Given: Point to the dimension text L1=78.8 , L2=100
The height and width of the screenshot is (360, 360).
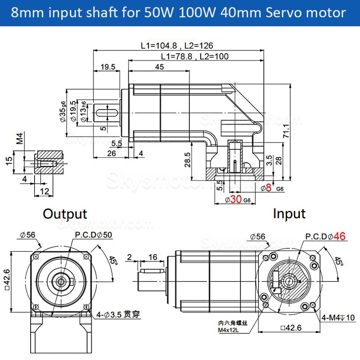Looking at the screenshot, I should pos(195,56).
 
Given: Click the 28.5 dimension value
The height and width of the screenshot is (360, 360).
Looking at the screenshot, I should pos(187,159).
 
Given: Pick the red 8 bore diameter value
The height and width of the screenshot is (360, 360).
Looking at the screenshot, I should pos(269,188).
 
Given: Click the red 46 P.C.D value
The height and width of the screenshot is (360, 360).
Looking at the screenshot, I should pos(339,236).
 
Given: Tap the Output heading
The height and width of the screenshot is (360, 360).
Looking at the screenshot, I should pos(65,213).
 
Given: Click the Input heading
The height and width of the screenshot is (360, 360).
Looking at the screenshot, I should pos(289,213).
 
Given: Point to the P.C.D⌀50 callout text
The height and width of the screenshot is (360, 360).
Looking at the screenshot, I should pos(93,235).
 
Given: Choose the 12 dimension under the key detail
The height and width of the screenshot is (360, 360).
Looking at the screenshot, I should pos(44,191).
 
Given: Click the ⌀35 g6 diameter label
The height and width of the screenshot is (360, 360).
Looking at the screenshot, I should pos(63,112).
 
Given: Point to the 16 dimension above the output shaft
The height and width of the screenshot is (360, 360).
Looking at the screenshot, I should pos(153,257).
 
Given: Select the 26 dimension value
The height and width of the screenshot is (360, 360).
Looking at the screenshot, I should pos(111,153).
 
